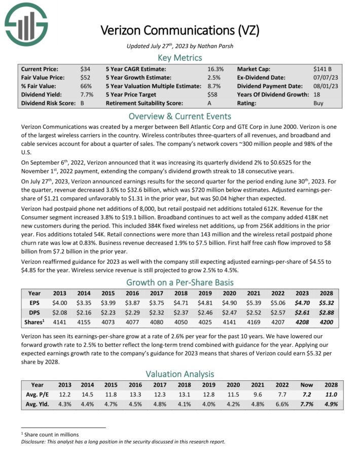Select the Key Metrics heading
(180, 58)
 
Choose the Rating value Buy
(319, 103)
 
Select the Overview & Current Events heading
(180, 116)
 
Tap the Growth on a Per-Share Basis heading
(180, 282)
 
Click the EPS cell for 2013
(60, 303)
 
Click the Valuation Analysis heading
(180, 374)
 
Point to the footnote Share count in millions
(52, 434)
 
